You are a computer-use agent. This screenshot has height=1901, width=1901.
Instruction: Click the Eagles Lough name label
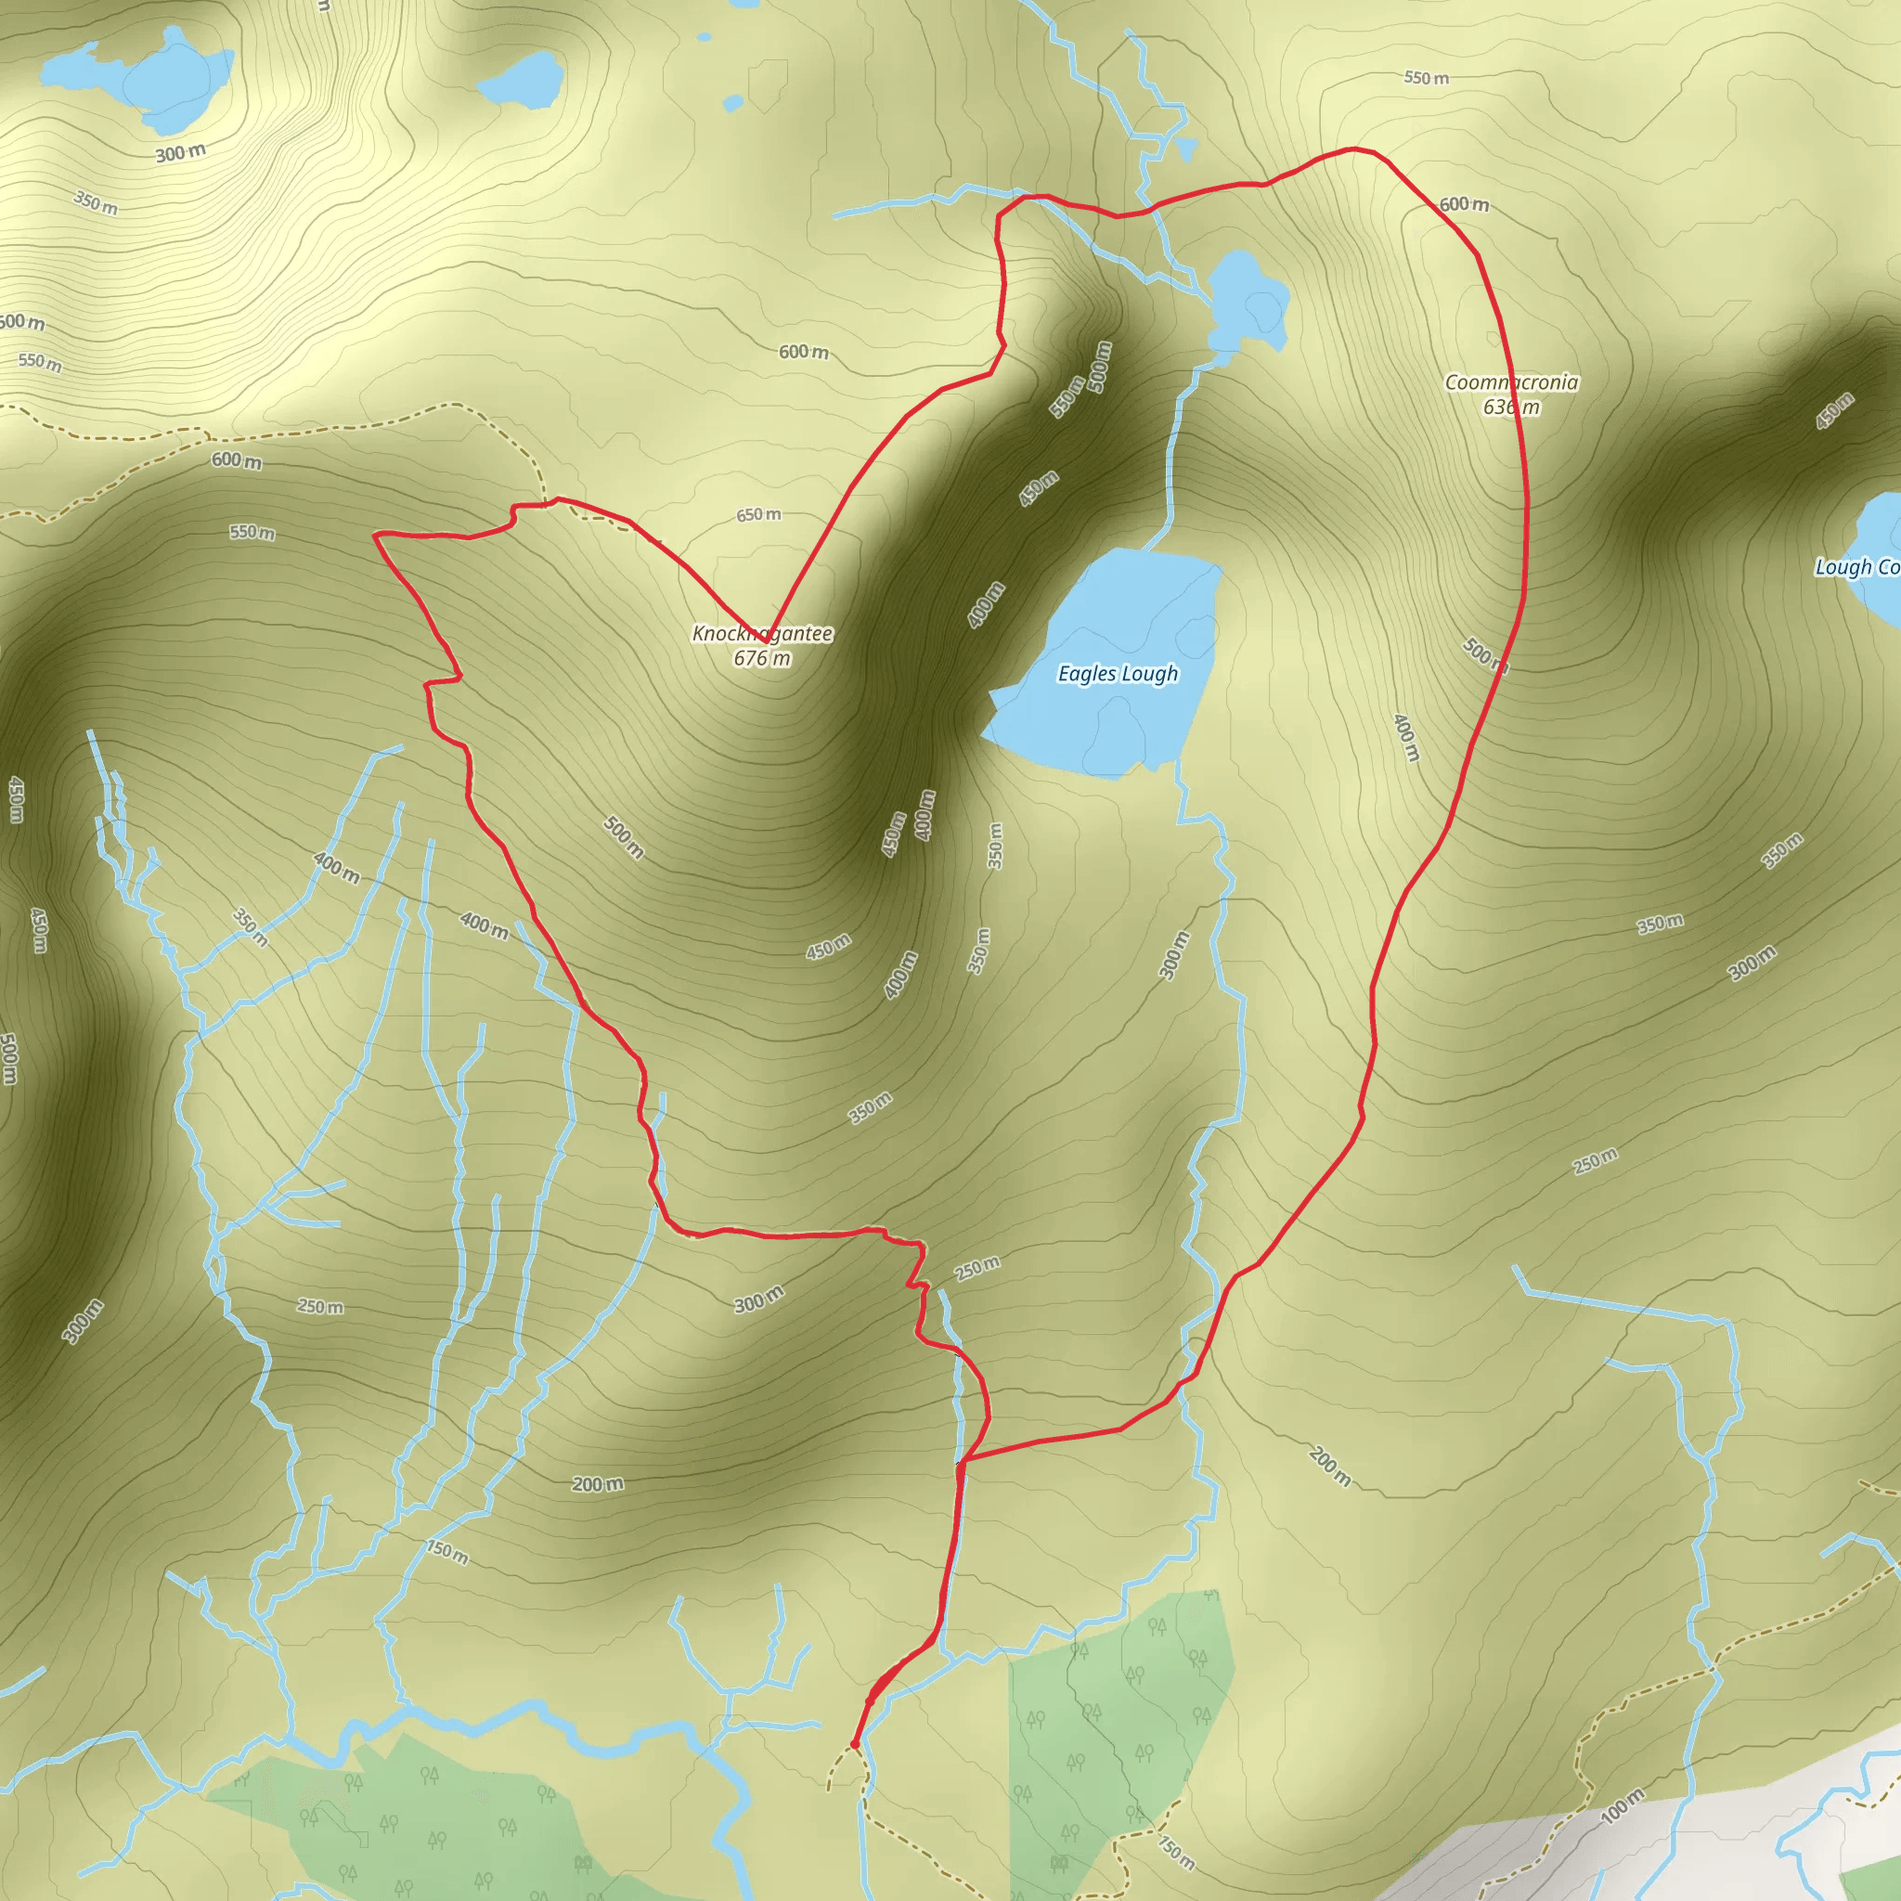tap(1118, 674)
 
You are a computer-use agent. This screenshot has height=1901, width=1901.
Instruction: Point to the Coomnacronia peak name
tap(1511, 381)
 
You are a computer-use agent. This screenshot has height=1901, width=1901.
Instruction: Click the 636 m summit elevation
tap(1511, 407)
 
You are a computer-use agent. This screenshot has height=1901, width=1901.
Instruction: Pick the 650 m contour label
tap(758, 514)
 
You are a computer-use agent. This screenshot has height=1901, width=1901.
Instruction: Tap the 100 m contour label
tap(1623, 1805)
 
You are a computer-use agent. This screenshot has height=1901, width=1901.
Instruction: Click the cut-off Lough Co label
tap(1857, 567)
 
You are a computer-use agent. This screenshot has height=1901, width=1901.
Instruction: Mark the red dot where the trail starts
tap(854, 1744)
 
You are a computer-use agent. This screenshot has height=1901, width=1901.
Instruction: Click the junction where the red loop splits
tap(962, 1462)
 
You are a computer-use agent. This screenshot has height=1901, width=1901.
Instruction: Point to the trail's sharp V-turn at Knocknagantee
tap(767, 641)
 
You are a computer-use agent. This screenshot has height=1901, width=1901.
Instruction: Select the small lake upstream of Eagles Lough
tap(1247, 300)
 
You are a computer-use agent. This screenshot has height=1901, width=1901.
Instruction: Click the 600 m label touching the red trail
tap(1463, 204)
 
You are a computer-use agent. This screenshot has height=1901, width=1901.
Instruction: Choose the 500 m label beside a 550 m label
tap(1100, 366)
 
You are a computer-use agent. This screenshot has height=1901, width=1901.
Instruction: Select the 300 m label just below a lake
tap(181, 153)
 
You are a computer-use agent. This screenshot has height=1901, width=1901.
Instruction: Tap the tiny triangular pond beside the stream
tap(1186, 149)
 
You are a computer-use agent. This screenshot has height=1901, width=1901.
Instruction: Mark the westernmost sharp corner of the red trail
tap(375, 536)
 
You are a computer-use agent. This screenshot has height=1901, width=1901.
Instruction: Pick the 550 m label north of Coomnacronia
tap(1426, 78)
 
